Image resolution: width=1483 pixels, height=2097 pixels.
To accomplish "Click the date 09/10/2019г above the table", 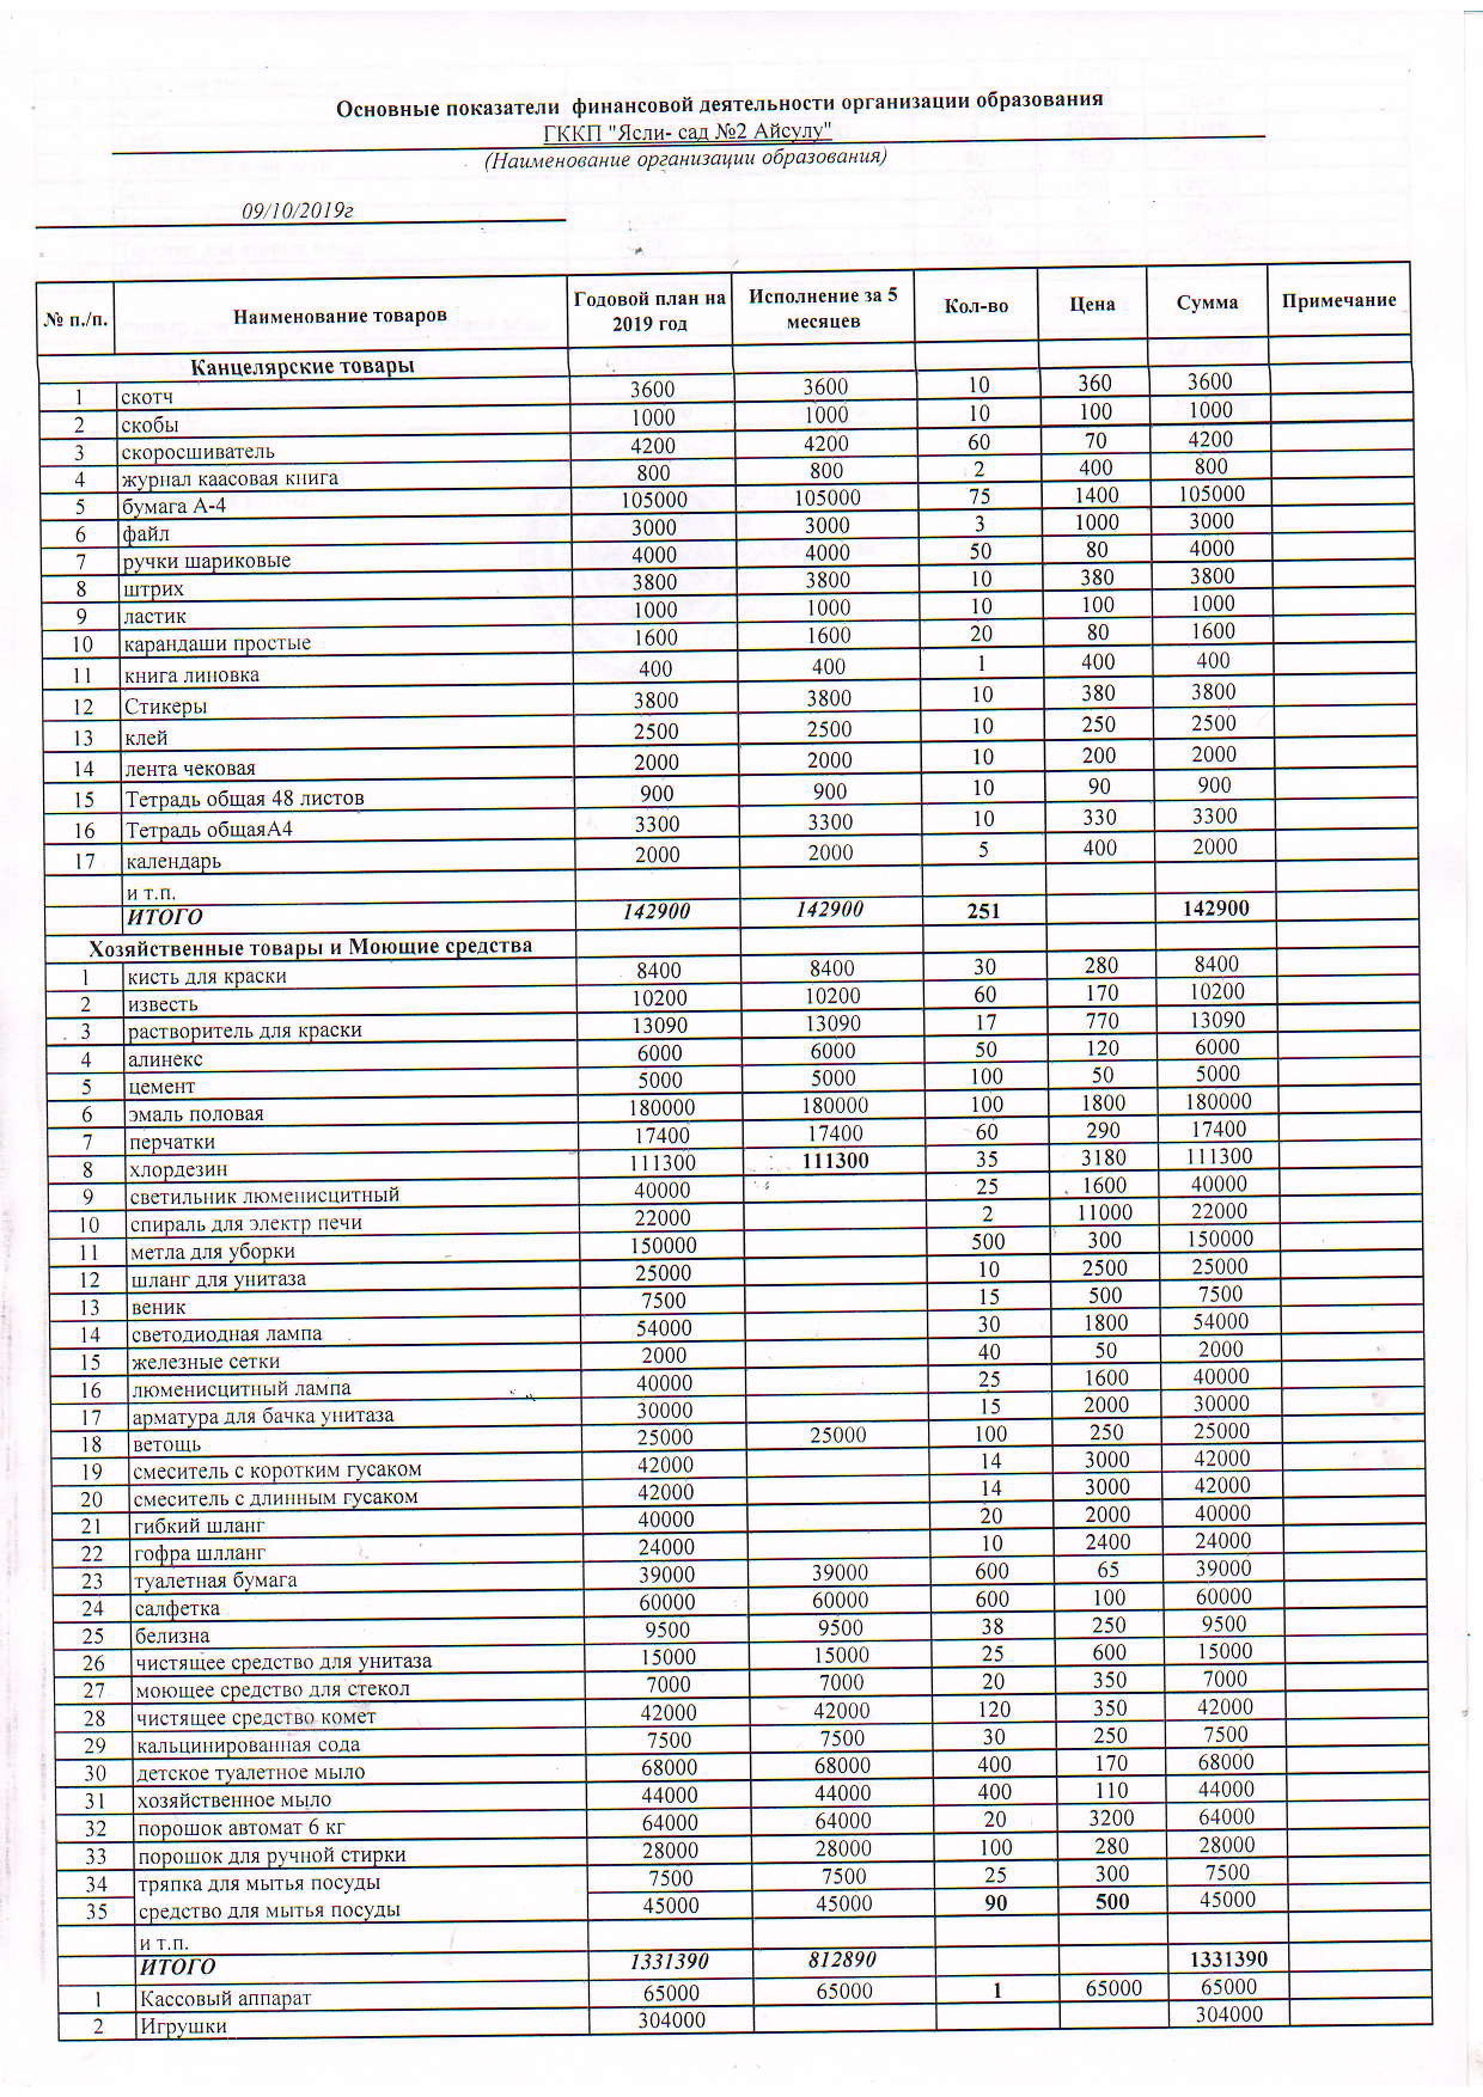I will [297, 211].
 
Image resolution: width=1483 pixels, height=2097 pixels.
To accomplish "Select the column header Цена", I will [1092, 304].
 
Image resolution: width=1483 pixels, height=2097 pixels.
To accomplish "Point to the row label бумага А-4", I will [175, 505].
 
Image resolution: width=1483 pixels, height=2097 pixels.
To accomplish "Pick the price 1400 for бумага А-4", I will [1095, 495].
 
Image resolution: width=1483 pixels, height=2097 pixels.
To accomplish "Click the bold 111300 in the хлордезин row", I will [832, 1160].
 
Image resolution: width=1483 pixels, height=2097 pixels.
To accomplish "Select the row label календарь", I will [173, 860].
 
